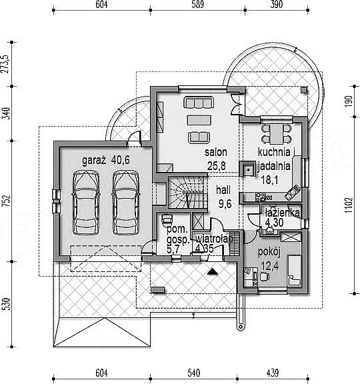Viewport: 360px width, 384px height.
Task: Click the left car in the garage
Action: (86, 202)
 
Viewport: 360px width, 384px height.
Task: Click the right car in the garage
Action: (126, 202)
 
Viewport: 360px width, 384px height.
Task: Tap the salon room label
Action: (216, 152)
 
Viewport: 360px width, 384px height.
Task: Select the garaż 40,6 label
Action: (106, 161)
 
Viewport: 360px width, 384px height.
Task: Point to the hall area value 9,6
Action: (225, 204)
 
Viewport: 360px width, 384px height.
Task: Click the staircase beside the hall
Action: (188, 193)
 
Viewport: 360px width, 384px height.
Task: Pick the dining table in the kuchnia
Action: (277, 134)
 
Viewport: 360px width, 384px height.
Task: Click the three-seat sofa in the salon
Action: (199, 103)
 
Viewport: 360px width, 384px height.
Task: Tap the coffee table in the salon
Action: (199, 120)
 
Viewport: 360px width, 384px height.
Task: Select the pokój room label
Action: (269, 252)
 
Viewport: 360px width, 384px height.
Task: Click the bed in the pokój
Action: (295, 271)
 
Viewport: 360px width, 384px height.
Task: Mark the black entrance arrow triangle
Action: (212, 271)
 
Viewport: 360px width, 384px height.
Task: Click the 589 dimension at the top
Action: (197, 5)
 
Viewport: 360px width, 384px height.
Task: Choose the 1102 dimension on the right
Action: (349, 205)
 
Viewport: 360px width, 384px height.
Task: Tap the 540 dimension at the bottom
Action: (194, 373)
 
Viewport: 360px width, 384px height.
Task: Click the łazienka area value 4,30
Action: (274, 223)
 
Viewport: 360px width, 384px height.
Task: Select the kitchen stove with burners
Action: (260, 197)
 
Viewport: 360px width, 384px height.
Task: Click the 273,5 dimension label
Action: (5, 64)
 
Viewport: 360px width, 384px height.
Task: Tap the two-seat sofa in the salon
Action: (199, 137)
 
